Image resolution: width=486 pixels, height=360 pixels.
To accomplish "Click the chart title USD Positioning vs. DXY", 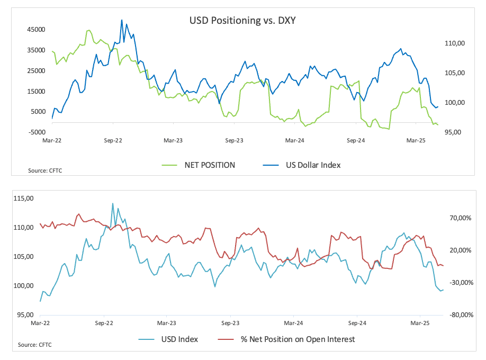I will coord(242,21).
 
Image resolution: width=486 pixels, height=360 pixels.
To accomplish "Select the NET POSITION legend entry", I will coord(209,165).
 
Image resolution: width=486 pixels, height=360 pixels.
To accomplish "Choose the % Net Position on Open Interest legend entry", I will coord(298,339).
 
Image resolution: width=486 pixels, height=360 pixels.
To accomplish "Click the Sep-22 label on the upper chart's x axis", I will coord(112,141).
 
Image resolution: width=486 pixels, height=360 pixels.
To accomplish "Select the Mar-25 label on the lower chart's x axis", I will coord(420,322).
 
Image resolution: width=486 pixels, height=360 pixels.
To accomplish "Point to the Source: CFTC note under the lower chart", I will coord(34,345).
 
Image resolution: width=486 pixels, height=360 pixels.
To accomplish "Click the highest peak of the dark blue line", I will coord(122,21).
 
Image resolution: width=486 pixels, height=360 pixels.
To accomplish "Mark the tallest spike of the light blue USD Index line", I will coord(112,203).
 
